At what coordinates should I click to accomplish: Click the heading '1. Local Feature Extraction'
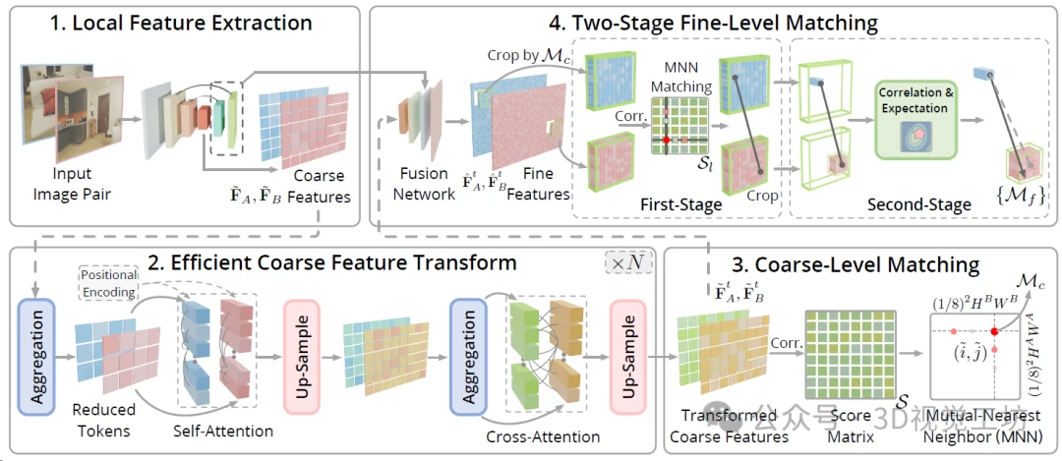(183, 22)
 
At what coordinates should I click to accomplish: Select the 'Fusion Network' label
(425, 185)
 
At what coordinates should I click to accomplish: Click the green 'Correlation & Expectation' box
(914, 119)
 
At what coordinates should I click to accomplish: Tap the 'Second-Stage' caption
(918, 204)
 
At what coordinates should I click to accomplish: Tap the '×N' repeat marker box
(627, 264)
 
